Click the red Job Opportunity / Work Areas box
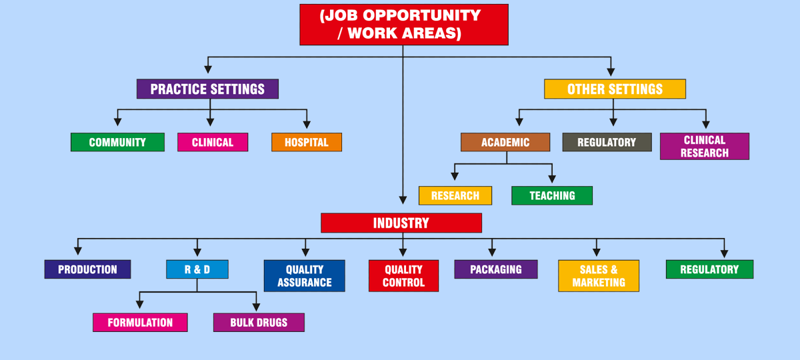pyautogui.click(x=404, y=25)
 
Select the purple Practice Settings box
pyautogui.click(x=207, y=89)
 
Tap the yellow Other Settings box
pyautogui.click(x=615, y=89)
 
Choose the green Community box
pyautogui.click(x=117, y=142)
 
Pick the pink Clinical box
pyautogui.click(x=213, y=142)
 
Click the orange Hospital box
pyautogui.click(x=307, y=142)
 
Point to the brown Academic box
pyautogui.click(x=505, y=142)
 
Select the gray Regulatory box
pyautogui.click(x=607, y=142)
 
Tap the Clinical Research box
pyautogui.click(x=705, y=147)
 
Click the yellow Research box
pyautogui.click(x=455, y=195)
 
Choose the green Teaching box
pyautogui.click(x=552, y=195)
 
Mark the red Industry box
pyautogui.click(x=401, y=223)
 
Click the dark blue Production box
pyautogui.click(x=87, y=269)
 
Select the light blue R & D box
pyautogui.click(x=197, y=269)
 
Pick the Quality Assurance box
pyautogui.click(x=305, y=276)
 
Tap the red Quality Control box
pyautogui.click(x=403, y=276)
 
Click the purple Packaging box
pyautogui.click(x=496, y=269)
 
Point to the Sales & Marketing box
pyautogui.click(x=599, y=276)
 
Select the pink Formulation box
pyautogui.click(x=140, y=323)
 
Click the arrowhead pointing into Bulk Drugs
pyautogui.click(x=257, y=307)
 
